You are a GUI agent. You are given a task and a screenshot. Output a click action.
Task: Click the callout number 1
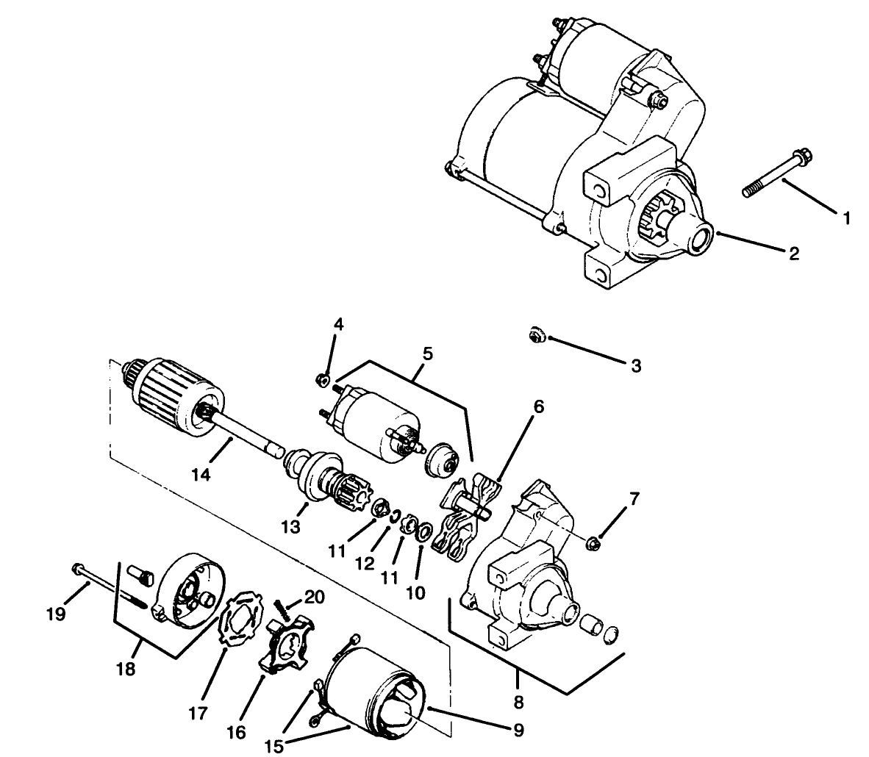pos(845,218)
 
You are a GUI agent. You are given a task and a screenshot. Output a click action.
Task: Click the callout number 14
pos(201,476)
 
